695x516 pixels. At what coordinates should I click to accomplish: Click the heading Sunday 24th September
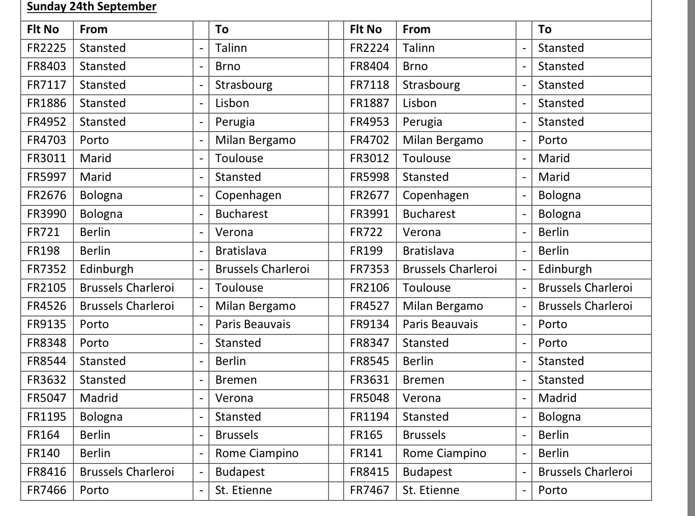92,7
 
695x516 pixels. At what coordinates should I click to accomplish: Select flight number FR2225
47,48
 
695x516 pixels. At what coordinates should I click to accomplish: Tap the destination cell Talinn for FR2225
231,48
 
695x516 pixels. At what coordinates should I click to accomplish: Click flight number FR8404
369,66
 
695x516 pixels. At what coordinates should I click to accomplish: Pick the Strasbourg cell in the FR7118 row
431,85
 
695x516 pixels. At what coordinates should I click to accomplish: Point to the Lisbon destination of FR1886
232,103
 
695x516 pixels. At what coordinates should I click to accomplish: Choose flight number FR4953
369,122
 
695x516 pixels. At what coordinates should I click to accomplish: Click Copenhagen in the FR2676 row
248,195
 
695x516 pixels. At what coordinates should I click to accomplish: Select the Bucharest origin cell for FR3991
429,214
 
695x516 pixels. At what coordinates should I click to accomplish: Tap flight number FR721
43,232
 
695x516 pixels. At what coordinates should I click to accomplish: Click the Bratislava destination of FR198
241,251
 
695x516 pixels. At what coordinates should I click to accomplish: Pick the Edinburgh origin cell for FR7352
107,269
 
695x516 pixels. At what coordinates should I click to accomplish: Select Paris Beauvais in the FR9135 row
253,324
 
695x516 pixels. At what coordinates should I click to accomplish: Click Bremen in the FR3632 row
236,380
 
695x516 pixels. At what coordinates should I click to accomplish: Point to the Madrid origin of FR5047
99,398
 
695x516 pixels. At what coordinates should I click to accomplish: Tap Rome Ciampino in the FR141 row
444,453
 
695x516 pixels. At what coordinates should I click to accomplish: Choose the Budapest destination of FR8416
240,472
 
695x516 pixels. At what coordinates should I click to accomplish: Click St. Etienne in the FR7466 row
244,490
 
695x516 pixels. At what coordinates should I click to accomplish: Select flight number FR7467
369,490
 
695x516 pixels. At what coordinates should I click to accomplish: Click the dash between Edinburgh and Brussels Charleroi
201,270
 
